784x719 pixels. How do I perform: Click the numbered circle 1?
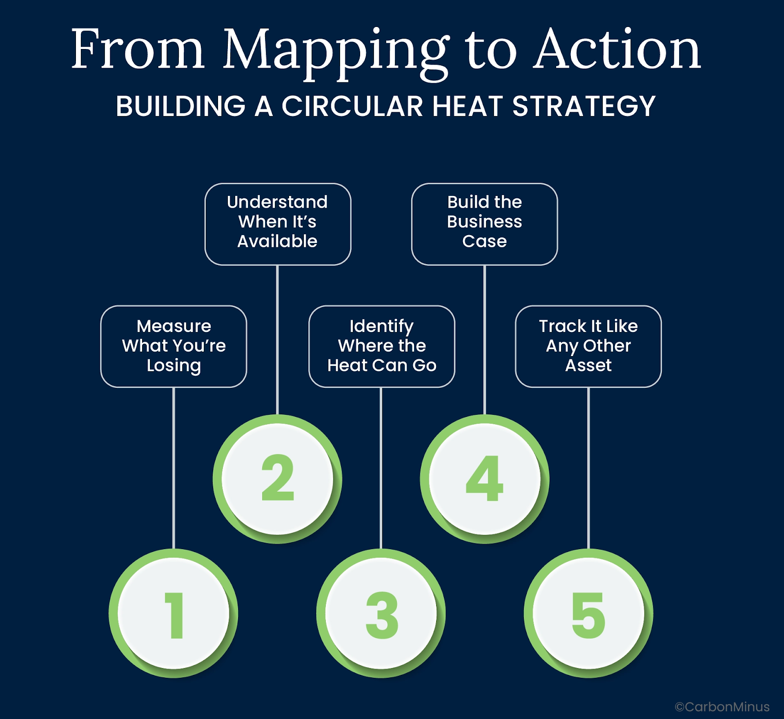click(173, 613)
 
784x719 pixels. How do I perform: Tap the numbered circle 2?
click(277, 479)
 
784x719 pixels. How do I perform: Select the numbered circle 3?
click(381, 613)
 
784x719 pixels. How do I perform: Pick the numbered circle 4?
click(485, 479)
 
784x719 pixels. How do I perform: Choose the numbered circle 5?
click(588, 613)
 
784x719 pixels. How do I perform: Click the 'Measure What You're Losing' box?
click(173, 346)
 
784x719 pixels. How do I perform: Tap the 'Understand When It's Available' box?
click(277, 224)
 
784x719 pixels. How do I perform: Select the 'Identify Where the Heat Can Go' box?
click(381, 346)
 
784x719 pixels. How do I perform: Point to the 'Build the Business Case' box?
click(485, 224)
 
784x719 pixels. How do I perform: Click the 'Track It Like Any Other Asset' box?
click(588, 346)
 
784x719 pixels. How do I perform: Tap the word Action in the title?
click(617, 49)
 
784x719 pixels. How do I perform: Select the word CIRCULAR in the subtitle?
click(352, 106)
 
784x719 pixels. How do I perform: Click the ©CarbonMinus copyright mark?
click(722, 707)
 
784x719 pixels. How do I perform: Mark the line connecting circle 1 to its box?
click(173, 468)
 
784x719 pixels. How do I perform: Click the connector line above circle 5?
click(588, 468)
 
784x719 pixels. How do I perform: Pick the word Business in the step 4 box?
click(485, 222)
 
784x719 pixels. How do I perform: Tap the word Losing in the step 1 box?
click(173, 366)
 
